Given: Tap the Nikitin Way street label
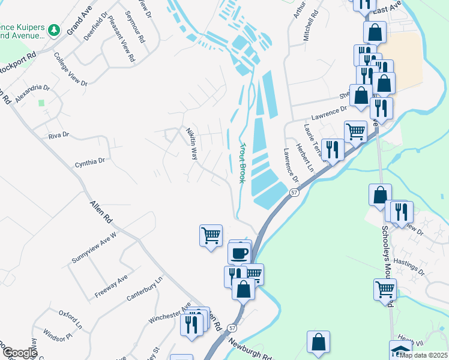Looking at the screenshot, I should tap(191, 143).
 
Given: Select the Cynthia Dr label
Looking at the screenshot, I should tap(90, 161).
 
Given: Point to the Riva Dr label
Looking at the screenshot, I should tap(59, 136).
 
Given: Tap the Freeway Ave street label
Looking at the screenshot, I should tap(111, 287).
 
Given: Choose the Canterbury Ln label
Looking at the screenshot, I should tap(145, 289).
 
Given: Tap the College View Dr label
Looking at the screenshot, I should tap(70, 70).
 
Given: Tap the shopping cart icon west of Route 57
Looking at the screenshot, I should tap(211, 235).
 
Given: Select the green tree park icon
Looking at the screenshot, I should tap(54, 29).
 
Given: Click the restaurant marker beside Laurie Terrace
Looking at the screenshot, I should tap(333, 149).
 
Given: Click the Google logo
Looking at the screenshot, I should tap(19, 353).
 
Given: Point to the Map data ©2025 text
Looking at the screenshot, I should tap(423, 355).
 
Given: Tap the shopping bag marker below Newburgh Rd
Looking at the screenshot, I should tap(319, 341).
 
